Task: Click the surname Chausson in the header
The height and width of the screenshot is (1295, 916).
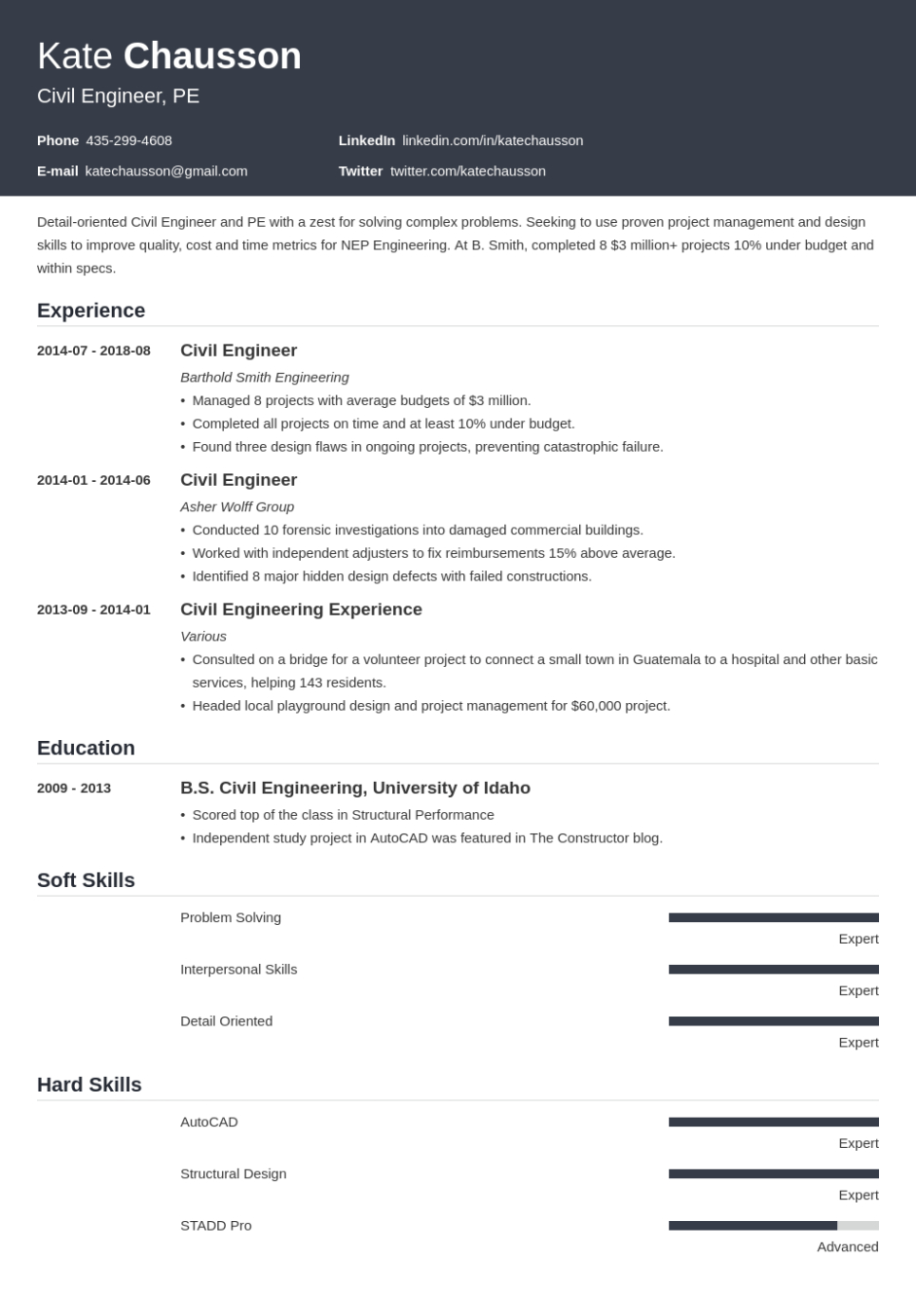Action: click(212, 56)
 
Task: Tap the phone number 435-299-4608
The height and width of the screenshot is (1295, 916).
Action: click(128, 140)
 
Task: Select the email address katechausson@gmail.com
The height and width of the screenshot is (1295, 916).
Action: click(166, 171)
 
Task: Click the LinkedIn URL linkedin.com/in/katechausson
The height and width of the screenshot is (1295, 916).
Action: click(493, 140)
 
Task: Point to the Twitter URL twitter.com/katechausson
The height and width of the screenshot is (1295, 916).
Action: click(467, 171)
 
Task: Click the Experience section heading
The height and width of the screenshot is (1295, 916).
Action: click(91, 311)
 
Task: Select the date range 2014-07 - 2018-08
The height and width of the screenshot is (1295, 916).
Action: click(93, 351)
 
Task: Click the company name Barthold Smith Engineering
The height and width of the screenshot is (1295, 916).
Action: click(264, 377)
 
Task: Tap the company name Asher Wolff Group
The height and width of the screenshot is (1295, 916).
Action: click(237, 506)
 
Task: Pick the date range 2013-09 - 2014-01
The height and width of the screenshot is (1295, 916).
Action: click(93, 610)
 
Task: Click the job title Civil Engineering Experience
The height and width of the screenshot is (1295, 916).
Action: click(301, 610)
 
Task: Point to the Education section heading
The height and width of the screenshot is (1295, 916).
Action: click(86, 748)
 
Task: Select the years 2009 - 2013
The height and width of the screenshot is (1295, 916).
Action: click(74, 788)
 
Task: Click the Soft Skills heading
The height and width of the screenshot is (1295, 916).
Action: click(86, 880)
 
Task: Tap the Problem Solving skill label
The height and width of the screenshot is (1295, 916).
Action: click(231, 917)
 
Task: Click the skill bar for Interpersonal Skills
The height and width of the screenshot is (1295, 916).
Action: click(773, 970)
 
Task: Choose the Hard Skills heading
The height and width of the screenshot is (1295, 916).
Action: click(90, 1085)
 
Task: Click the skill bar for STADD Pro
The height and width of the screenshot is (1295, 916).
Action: click(773, 1226)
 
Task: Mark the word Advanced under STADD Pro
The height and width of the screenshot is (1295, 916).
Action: click(847, 1246)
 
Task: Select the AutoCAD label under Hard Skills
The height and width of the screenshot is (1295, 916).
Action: click(209, 1122)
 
